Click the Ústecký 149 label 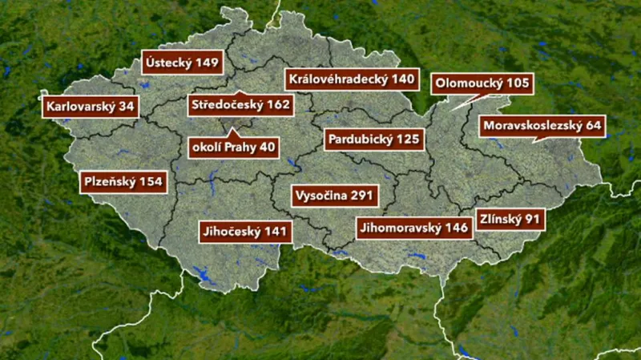183,62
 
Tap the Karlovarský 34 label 90,106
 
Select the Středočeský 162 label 240,104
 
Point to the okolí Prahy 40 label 233,148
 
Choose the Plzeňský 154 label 123,182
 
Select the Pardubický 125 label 373,140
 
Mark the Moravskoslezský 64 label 542,126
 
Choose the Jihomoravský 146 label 413,228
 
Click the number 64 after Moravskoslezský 591,126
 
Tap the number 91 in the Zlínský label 532,218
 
